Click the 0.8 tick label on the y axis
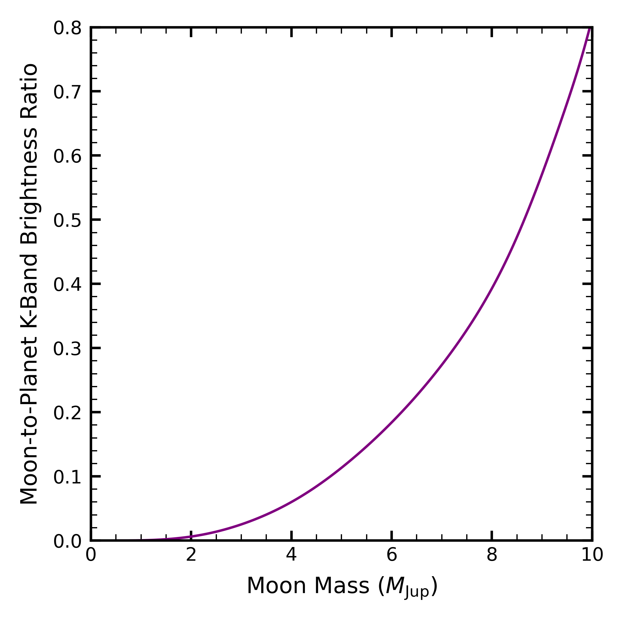67,29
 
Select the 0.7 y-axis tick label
67,93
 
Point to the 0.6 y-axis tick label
67,157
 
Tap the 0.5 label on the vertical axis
67,221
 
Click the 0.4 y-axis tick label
67,285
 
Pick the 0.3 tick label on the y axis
67,349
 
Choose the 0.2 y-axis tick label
67,413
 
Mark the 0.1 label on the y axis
67,478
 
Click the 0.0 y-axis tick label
67,542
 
